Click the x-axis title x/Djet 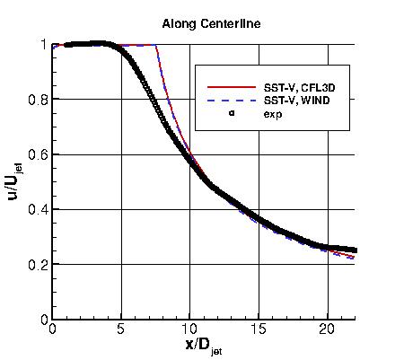point(204,345)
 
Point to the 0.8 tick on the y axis point(37,100)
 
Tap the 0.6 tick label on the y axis point(37,154)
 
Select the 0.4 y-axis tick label point(37,209)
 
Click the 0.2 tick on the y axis point(37,265)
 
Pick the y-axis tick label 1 point(42,45)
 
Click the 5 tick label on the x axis point(121,329)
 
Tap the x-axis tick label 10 point(189,329)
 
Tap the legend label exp point(272,113)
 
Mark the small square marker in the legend point(231,113)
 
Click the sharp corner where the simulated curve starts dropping point(156,45)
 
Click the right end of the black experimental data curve point(356,250)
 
